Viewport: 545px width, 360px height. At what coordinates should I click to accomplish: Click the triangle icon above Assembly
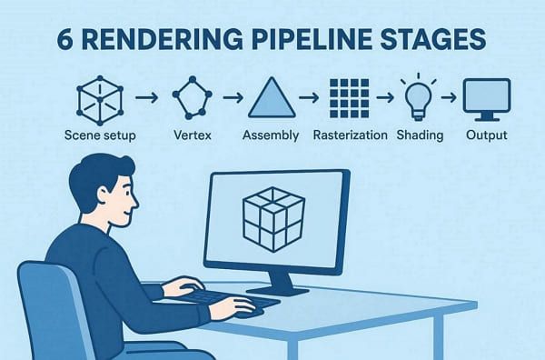click(x=271, y=96)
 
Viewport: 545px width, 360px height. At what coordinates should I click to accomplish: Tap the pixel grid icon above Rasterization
click(x=350, y=96)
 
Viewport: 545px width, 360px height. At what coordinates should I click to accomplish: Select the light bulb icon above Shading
click(x=418, y=95)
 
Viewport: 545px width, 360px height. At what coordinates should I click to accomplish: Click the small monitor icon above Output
click(x=485, y=96)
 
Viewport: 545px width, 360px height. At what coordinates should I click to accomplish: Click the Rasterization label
click(x=350, y=135)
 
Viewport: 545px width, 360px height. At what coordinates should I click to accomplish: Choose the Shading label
click(x=419, y=135)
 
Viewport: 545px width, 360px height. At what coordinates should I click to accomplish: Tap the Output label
click(x=486, y=135)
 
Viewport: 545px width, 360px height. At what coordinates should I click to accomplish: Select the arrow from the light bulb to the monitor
click(x=450, y=95)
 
